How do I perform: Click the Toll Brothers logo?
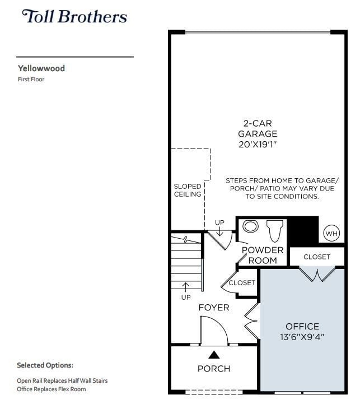click(74, 16)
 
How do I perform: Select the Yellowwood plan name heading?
click(41, 68)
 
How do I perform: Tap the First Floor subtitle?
click(31, 80)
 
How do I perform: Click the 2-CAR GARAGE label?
click(258, 128)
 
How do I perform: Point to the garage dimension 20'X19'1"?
click(258, 144)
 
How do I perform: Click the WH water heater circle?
click(331, 233)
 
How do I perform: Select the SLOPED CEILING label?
click(188, 190)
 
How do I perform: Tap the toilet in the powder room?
click(275, 230)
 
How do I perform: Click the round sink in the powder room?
click(251, 226)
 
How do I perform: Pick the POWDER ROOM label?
click(263, 255)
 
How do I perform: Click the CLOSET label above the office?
click(317, 257)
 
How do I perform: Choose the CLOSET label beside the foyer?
click(242, 283)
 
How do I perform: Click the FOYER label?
click(214, 308)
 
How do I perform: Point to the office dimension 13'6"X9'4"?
click(302, 337)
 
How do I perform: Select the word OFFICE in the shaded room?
click(302, 326)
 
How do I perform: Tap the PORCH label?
click(214, 369)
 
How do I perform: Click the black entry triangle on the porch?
click(214, 354)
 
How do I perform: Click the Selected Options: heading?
click(45, 365)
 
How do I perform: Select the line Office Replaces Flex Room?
click(52, 389)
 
